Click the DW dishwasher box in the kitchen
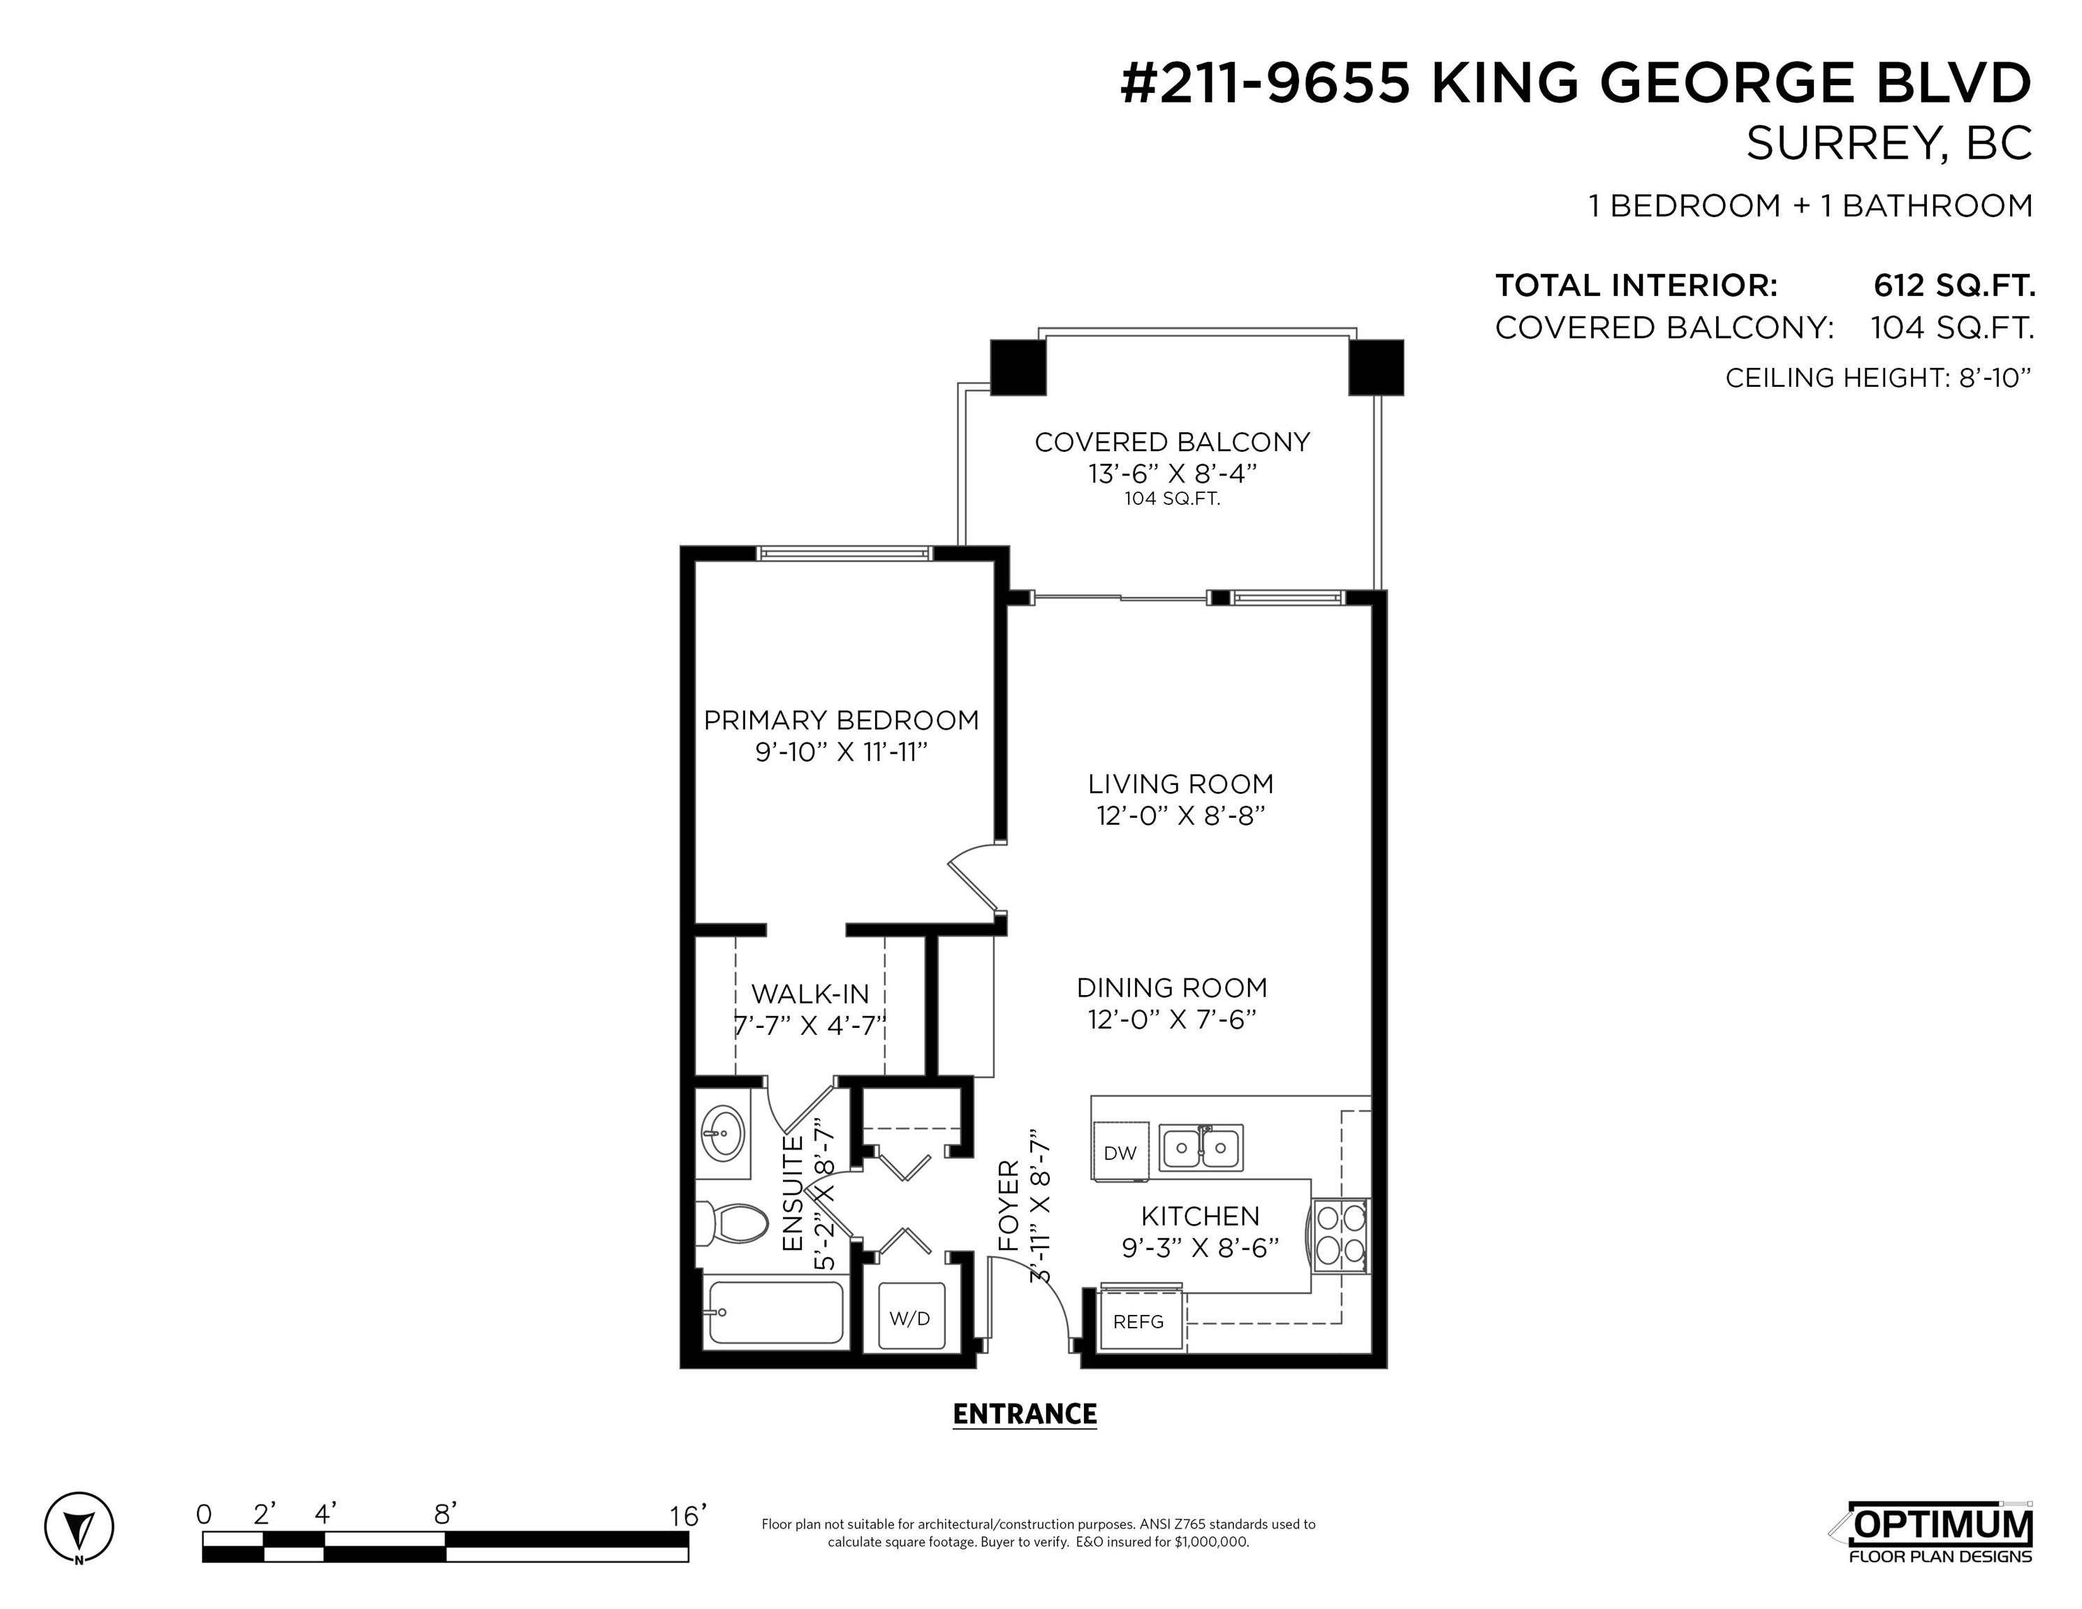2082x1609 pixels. coord(1121,1152)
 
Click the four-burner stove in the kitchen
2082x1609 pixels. coord(1341,1235)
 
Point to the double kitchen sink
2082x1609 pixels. coord(1201,1147)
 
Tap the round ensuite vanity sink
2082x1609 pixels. coord(723,1134)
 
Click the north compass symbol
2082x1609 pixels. coord(79,1527)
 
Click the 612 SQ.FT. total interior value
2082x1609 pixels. coord(1954,285)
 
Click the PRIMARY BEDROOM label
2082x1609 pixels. coord(841,720)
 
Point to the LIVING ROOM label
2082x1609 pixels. coord(1181,784)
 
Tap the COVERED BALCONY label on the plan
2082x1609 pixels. coord(1173,441)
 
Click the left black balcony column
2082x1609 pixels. coord(1018,367)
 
